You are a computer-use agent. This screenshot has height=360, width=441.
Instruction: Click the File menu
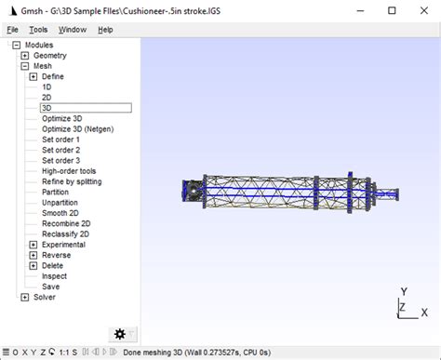tap(12, 29)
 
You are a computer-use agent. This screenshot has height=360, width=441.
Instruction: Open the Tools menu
tap(38, 29)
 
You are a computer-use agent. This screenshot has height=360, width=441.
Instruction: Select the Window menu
tap(72, 29)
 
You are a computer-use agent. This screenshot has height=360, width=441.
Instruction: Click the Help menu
tap(105, 29)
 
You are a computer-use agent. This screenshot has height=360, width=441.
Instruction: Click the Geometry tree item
tap(51, 56)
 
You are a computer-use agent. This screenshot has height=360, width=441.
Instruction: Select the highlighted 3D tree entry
tap(47, 108)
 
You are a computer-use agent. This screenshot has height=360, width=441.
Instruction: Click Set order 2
tap(60, 150)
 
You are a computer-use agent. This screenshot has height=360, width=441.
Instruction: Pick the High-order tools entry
tap(69, 171)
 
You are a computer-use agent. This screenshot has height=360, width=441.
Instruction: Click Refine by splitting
tap(72, 181)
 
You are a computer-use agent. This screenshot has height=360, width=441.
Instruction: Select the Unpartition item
tap(60, 203)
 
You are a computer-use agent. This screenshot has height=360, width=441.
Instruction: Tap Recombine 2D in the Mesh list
tap(65, 223)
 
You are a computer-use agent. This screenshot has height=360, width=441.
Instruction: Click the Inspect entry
tap(54, 276)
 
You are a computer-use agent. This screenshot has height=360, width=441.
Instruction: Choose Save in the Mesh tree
tap(50, 287)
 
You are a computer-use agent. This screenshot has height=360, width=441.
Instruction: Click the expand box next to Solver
tap(24, 298)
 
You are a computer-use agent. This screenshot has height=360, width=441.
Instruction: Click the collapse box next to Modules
tap(16, 45)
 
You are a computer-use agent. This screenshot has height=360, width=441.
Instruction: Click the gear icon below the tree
tap(119, 334)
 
